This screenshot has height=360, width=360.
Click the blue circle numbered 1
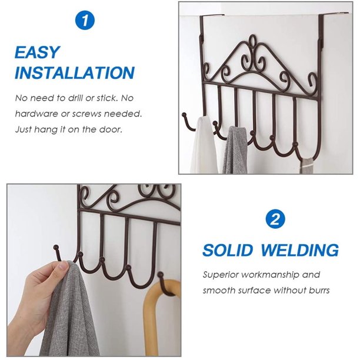tap(85, 21)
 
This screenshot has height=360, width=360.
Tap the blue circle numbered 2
tap(275, 219)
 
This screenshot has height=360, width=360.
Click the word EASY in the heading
tap(37, 52)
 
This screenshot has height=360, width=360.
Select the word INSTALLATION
tap(75, 73)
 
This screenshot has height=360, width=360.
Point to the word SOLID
tap(228, 250)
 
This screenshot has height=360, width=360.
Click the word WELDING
tap(300, 250)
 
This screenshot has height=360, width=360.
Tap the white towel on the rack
tap(204, 145)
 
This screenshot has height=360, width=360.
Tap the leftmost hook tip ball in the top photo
tap(184, 114)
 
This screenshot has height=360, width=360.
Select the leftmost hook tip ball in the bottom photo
tap(56, 247)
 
